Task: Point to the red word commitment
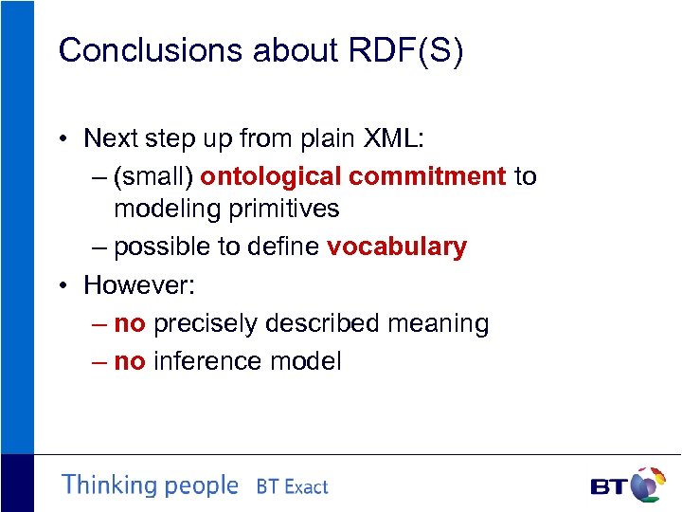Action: coord(427,176)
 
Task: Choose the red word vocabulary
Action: coord(397,247)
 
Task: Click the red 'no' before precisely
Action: coord(129,323)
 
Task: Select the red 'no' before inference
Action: coord(129,361)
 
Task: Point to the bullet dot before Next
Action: coord(60,139)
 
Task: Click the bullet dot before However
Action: coord(60,285)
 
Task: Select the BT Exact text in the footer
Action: coord(292,487)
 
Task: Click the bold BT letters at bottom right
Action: coord(608,487)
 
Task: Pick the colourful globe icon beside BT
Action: coord(649,484)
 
